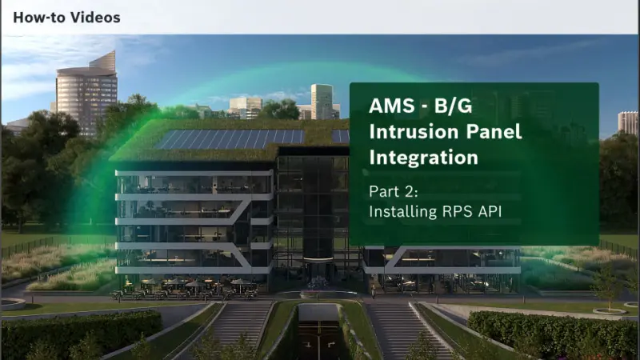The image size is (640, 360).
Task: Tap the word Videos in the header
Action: [x=96, y=17]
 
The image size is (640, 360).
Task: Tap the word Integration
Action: [x=423, y=158]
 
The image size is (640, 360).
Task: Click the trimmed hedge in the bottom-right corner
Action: [x=560, y=332]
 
